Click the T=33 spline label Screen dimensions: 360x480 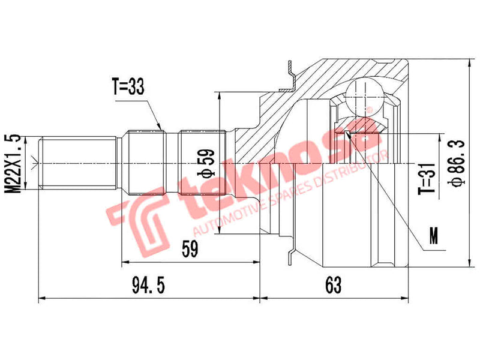point(128,88)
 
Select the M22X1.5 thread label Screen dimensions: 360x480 point(16,163)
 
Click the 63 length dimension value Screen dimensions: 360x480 point(334,286)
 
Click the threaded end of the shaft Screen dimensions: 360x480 point(78,163)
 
